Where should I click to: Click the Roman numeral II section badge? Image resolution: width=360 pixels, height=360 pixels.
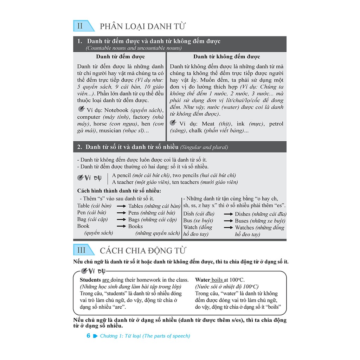81,26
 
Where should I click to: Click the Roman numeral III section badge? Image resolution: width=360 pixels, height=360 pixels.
81,250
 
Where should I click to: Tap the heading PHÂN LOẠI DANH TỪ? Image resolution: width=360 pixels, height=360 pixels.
143,26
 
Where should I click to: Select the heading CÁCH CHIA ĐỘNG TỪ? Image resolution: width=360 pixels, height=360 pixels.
143,251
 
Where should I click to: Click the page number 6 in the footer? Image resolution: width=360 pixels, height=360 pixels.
88,336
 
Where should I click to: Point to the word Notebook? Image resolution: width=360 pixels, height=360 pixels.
116,110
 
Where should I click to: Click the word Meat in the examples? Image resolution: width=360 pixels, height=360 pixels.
208,124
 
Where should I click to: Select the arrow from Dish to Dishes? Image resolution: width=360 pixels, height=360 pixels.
228,214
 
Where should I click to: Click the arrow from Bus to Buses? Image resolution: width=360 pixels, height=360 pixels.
228,221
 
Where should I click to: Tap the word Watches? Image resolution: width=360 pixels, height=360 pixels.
247,227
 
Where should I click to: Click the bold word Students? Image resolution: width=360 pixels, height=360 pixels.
90,280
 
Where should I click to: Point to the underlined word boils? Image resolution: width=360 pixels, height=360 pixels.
217,280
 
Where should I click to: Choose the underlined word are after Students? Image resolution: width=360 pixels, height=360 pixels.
106,280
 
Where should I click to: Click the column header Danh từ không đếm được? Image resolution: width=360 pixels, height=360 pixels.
226,57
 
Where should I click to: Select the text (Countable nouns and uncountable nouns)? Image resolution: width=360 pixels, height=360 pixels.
134,48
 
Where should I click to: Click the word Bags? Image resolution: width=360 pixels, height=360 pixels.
134,219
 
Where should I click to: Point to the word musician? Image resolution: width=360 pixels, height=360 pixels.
112,130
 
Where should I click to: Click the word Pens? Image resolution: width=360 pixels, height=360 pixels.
134,213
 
